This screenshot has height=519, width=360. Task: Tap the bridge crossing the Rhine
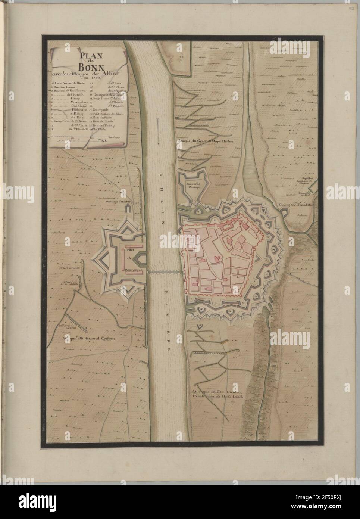tap(165, 272)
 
